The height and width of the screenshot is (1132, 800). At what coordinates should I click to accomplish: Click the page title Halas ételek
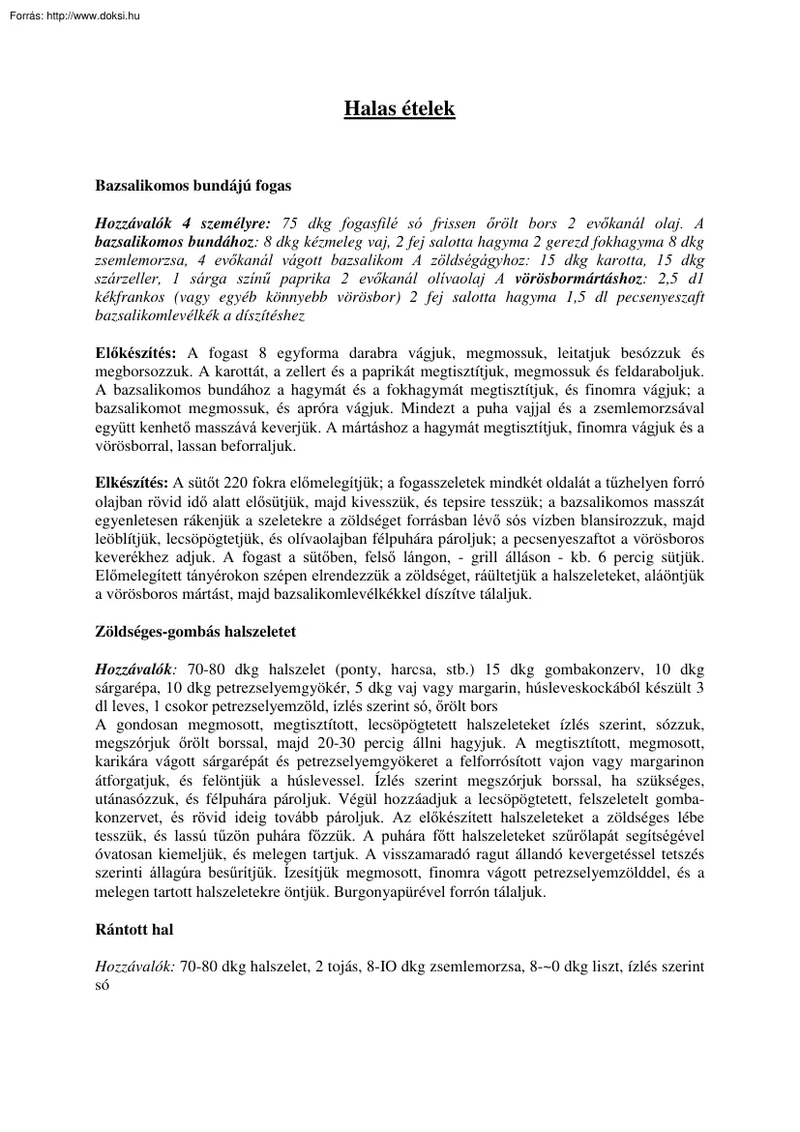[x=400, y=108]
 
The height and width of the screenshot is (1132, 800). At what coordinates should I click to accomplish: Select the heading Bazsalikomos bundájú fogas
[x=193, y=183]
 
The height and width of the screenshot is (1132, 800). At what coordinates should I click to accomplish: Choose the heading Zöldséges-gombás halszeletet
[x=195, y=631]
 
